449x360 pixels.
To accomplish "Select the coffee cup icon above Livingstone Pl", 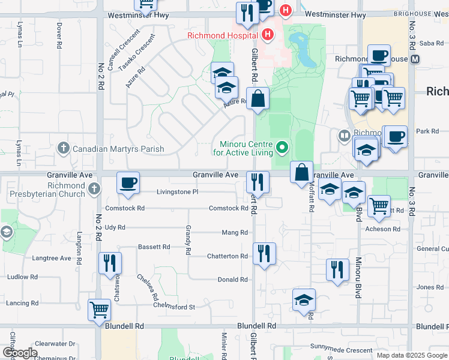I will [x=128, y=182].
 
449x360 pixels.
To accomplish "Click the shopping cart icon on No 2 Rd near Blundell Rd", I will [x=99, y=310].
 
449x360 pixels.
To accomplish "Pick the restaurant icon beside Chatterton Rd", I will [x=264, y=253].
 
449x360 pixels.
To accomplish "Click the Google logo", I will [x=20, y=353].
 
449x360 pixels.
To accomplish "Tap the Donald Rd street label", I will [x=232, y=280].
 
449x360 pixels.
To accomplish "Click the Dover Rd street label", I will [x=59, y=36].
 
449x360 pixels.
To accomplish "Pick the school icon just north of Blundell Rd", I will [x=304, y=299].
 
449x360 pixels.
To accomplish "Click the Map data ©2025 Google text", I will [x=411, y=355].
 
